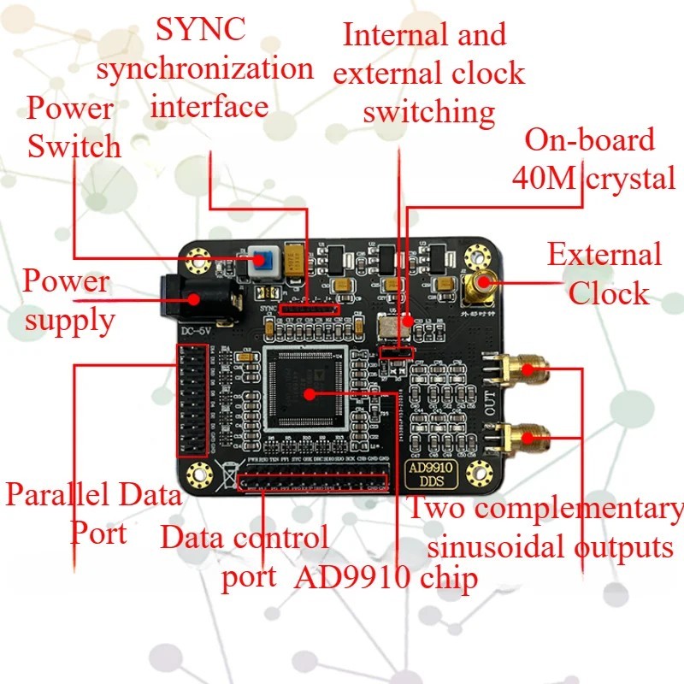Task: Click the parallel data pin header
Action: [x=191, y=400]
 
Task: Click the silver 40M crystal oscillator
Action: [x=387, y=326]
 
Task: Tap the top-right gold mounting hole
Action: [x=471, y=253]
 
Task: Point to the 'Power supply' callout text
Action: [x=68, y=300]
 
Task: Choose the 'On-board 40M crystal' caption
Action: [x=593, y=159]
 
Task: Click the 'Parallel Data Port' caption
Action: [x=92, y=514]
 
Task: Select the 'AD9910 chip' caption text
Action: [x=386, y=578]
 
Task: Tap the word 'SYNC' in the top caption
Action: [x=199, y=30]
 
